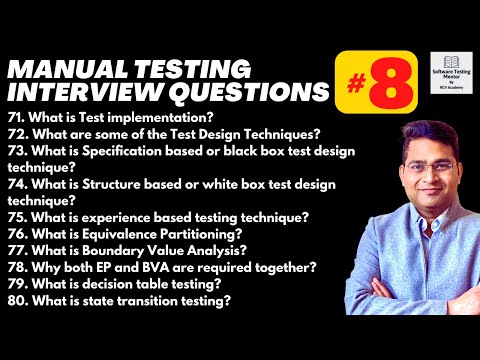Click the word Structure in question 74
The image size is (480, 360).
coord(106,185)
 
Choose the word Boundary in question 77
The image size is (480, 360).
coord(109,250)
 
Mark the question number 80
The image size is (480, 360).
coord(16,300)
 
